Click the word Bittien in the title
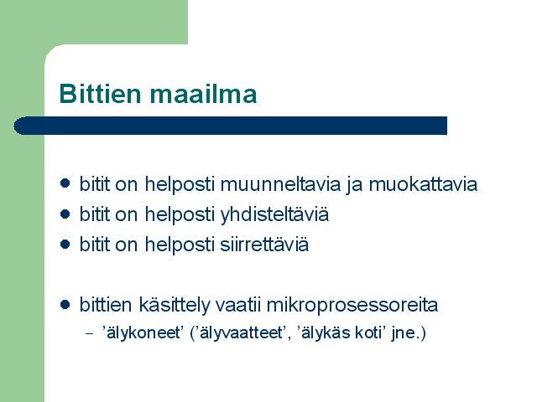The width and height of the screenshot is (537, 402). [100, 93]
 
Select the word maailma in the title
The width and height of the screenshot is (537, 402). [203, 93]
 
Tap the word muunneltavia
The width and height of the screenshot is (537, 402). [280, 184]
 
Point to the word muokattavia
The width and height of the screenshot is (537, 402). [423, 184]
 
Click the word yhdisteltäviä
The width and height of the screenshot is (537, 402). [274, 215]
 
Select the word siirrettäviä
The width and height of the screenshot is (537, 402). [264, 245]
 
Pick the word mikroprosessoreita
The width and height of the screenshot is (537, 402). [352, 306]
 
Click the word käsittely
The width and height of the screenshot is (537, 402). [174, 306]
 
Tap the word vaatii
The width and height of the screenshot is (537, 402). [237, 305]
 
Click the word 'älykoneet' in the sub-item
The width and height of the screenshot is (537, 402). [141, 332]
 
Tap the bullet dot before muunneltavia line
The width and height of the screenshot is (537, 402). [65, 183]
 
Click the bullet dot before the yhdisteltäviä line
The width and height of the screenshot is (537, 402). [65, 214]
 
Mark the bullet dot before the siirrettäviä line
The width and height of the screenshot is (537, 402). [65, 245]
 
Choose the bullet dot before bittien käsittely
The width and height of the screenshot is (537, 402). [65, 305]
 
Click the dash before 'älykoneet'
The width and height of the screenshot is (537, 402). [89, 333]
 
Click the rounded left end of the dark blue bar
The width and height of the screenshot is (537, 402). [17, 126]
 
